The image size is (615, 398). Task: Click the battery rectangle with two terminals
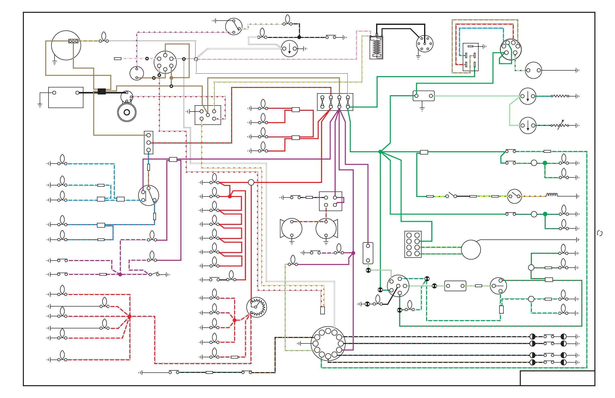(66, 97)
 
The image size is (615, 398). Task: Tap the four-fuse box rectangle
(335, 102)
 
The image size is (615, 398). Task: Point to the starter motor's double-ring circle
(127, 112)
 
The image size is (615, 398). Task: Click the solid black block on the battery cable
(101, 91)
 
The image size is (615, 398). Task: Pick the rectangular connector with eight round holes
(413, 244)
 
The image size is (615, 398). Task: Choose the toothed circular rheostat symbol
(256, 307)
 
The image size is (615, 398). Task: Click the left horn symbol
(291, 229)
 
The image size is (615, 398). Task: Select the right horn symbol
(327, 229)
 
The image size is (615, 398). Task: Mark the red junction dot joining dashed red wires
(129, 316)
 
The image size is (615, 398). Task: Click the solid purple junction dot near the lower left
(120, 274)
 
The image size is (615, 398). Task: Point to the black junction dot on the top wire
(299, 37)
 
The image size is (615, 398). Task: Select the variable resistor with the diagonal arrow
(560, 125)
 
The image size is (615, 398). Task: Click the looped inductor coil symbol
(552, 195)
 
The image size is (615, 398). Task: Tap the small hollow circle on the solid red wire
(251, 182)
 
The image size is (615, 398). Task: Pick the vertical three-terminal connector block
(148, 142)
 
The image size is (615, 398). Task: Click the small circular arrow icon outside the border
(600, 233)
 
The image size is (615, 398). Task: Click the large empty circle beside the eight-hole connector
(471, 250)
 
